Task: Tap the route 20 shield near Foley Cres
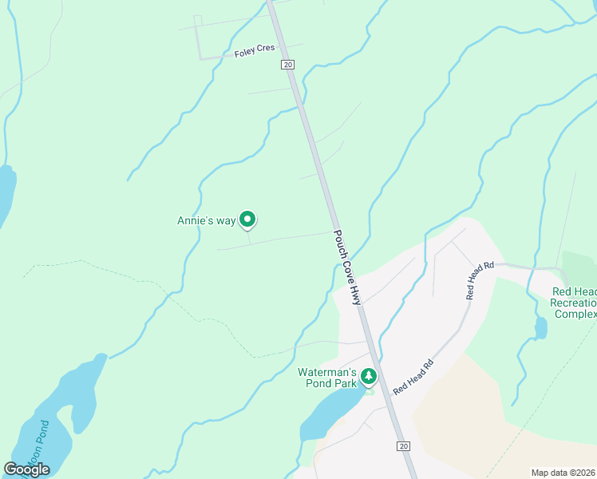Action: pyautogui.click(x=288, y=64)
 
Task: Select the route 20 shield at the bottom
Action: pyautogui.click(x=404, y=446)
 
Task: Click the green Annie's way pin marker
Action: pyautogui.click(x=247, y=218)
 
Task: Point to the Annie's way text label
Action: pyautogui.click(x=206, y=220)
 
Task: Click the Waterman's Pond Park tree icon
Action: pyautogui.click(x=368, y=374)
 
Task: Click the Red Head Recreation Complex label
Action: pyautogui.click(x=575, y=303)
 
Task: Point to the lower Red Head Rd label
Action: pyautogui.click(x=413, y=375)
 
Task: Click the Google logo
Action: pyautogui.click(x=26, y=469)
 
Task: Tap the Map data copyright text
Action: pyautogui.click(x=563, y=473)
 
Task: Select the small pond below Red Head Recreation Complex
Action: pyautogui.click(x=541, y=328)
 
